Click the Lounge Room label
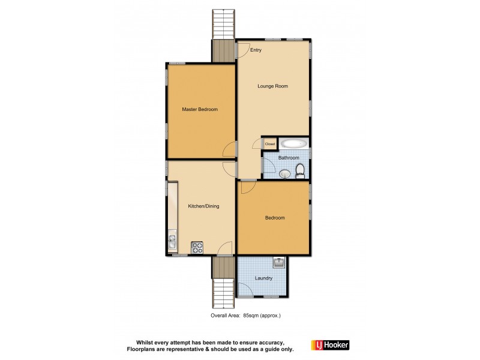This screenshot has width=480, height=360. [x=272, y=86]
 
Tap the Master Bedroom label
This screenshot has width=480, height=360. [x=200, y=109]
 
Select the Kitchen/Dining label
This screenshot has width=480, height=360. [x=203, y=206]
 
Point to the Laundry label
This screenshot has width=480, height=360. [x=263, y=278]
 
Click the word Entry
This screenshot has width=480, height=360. [x=256, y=50]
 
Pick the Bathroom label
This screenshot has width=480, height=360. [x=289, y=158]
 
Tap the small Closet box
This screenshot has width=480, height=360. [x=269, y=144]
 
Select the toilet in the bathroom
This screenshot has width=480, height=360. [x=302, y=173]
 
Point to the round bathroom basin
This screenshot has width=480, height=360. [x=284, y=174]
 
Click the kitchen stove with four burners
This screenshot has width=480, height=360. [x=197, y=246]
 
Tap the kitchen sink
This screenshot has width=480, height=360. [x=172, y=242]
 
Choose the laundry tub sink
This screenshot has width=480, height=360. [x=279, y=262]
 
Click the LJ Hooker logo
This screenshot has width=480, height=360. [x=329, y=345]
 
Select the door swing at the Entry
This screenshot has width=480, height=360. [x=243, y=50]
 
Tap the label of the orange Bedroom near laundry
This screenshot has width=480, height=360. [x=275, y=218]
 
